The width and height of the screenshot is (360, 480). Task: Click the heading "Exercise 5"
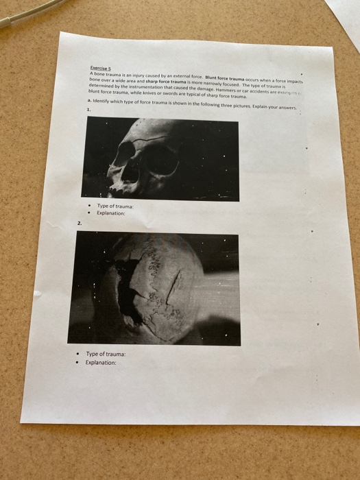point(101,68)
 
